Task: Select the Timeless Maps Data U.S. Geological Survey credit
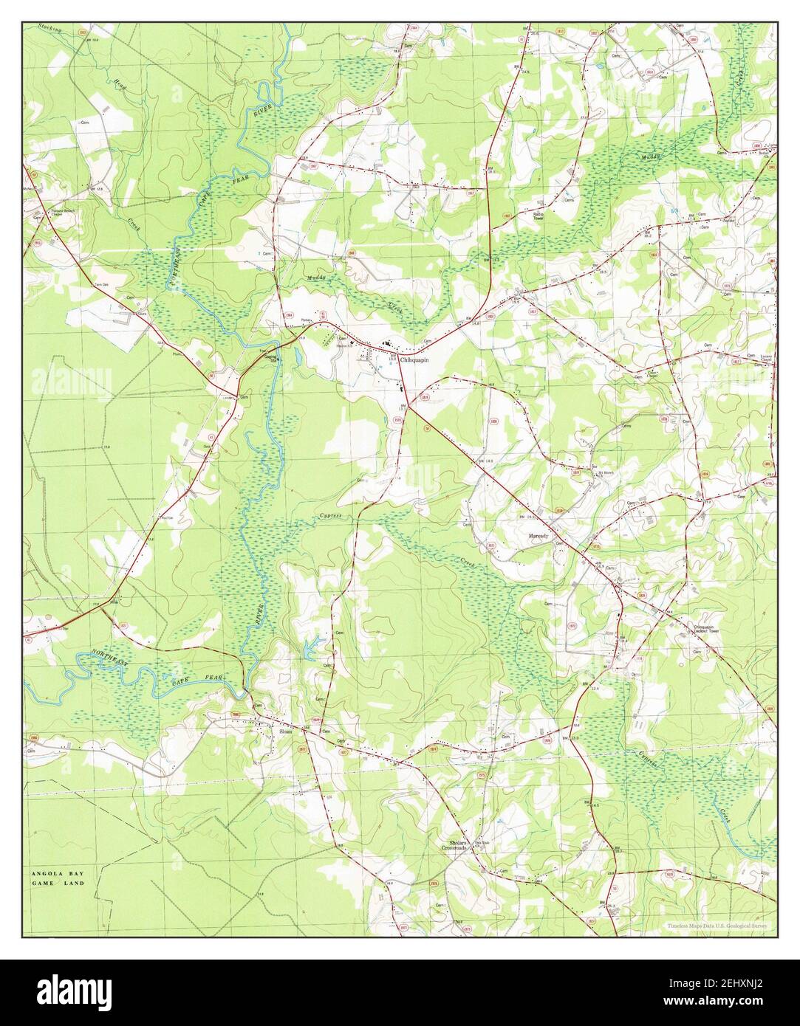point(717,926)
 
